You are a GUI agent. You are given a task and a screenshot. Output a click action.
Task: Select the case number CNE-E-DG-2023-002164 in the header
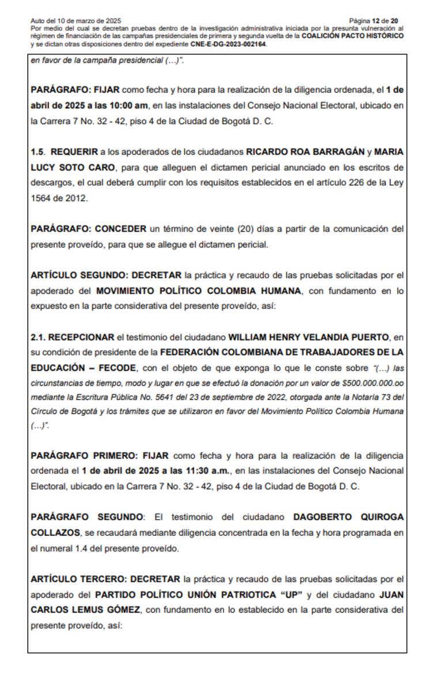[x=229, y=44]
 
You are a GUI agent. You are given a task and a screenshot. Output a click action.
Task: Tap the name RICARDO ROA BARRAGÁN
[x=305, y=152]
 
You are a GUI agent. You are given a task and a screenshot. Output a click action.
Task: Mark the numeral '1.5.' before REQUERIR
[x=38, y=152]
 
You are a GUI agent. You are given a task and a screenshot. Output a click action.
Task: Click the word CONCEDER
[x=120, y=229]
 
